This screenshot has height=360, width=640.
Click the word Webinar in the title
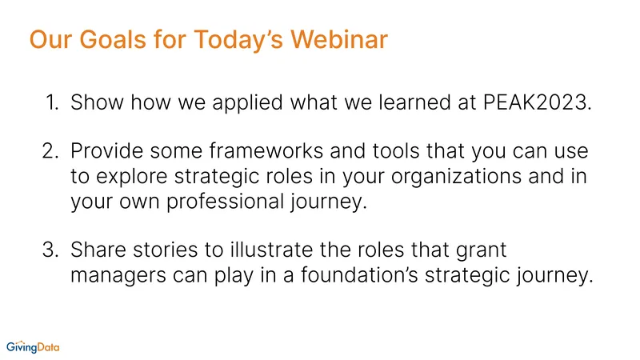pos(338,39)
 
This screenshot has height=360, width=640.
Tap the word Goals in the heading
pos(112,39)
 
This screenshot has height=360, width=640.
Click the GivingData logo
pos(33,347)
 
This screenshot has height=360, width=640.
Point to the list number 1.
pos(52,102)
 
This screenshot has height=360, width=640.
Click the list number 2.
pos(50,151)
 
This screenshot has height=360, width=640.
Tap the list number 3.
pos(50,250)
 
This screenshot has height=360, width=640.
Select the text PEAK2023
pos(537,102)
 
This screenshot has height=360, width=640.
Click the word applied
pos(247,103)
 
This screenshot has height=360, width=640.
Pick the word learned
pos(414,102)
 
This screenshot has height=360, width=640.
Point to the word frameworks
pos(266,150)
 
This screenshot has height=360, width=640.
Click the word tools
pos(396,150)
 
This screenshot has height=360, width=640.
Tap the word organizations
pos(456,177)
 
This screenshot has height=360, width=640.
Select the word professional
pos(225,202)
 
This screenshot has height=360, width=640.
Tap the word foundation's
pos(359,275)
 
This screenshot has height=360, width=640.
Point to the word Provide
pos(107,150)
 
